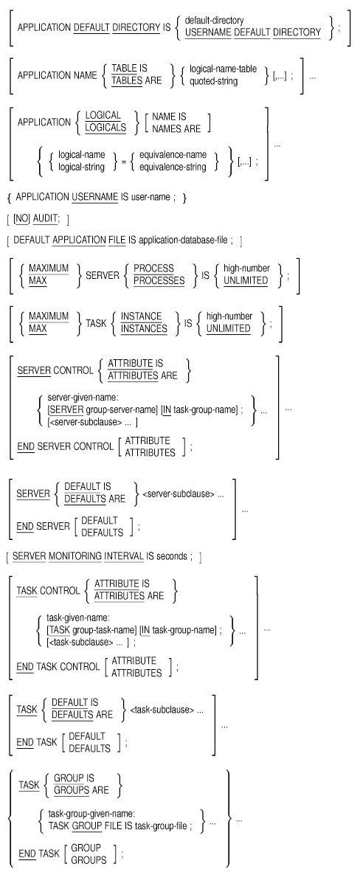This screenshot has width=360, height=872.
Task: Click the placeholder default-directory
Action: [x=214, y=21]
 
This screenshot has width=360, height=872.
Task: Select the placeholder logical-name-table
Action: [x=223, y=69]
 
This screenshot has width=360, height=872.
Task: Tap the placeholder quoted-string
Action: [x=214, y=80]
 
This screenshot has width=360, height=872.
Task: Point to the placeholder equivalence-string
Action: [x=173, y=167]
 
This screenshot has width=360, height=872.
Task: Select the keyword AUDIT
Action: [x=45, y=218]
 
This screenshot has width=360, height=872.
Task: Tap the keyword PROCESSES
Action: [x=159, y=280]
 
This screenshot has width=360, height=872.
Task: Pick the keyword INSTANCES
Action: [x=144, y=328]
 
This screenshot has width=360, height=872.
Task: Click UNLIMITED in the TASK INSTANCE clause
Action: [x=228, y=328]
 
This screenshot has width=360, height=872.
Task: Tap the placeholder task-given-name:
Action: [x=74, y=618]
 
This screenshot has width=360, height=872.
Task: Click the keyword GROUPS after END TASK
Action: [x=86, y=859]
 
